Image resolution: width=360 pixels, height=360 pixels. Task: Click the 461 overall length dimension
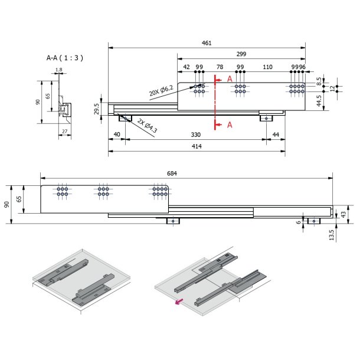pyautogui.click(x=207, y=42)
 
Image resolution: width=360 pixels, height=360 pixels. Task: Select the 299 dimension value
pyautogui.click(x=241, y=54)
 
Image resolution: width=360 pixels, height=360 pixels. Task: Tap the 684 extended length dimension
pyautogui.click(x=172, y=174)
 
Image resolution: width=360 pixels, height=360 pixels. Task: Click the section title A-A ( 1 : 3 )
pyautogui.click(x=64, y=58)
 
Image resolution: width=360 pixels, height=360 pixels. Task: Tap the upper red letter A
pyautogui.click(x=230, y=78)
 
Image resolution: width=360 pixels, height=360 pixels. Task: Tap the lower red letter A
pyautogui.click(x=230, y=125)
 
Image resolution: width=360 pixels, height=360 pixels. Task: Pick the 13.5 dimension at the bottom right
pyautogui.click(x=331, y=234)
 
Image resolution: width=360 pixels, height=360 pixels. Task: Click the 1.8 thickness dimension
pyautogui.click(x=58, y=70)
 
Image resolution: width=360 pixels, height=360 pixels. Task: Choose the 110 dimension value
pyautogui.click(x=267, y=67)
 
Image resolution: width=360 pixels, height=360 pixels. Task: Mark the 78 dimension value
pyautogui.click(x=220, y=67)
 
